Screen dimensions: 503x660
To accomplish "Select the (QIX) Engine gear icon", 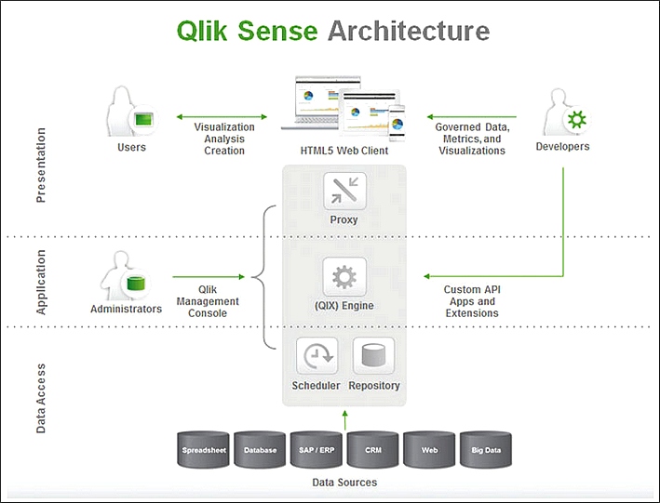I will pyautogui.click(x=344, y=277).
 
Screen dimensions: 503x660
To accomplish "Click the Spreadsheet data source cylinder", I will pyautogui.click(x=203, y=450).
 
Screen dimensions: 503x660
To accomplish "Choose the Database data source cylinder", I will pyautogui.click(x=260, y=450).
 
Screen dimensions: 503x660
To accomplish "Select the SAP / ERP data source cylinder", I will pyautogui.click(x=317, y=450).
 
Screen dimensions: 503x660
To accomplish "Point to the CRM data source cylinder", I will pyautogui.click(x=372, y=450).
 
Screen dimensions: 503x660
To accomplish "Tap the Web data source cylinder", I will pyautogui.click(x=429, y=450).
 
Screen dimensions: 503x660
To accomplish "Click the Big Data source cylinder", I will pyautogui.click(x=486, y=450).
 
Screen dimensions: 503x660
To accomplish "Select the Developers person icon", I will pyautogui.click(x=564, y=113).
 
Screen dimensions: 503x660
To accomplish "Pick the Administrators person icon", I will pyautogui.click(x=128, y=276).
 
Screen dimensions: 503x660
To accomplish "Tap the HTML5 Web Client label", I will pyautogui.click(x=343, y=151).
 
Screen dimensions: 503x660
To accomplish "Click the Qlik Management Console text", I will pyautogui.click(x=208, y=301).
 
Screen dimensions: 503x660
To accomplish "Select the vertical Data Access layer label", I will pyautogui.click(x=41, y=398).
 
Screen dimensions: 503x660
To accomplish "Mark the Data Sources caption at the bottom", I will pyautogui.click(x=344, y=483).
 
